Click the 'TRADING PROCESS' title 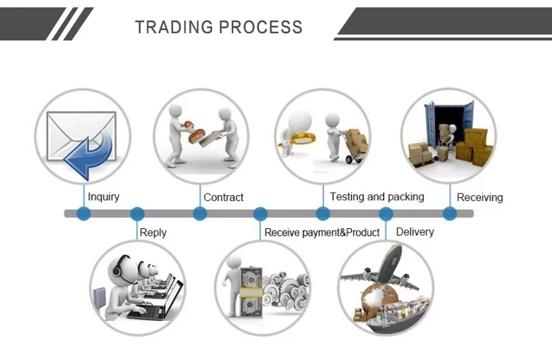click(219, 27)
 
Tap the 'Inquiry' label click(103, 197)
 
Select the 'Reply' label click(153, 233)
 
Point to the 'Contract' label click(223, 197)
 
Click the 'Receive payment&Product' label click(322, 233)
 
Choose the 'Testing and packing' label click(377, 197)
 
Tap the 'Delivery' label click(415, 232)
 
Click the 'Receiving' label click(480, 197)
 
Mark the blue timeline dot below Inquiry click(83, 213)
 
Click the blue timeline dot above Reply click(137, 213)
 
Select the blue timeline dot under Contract click(199, 213)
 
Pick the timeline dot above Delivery click(386, 213)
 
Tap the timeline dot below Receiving click(450, 213)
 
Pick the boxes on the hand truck click(356, 140)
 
